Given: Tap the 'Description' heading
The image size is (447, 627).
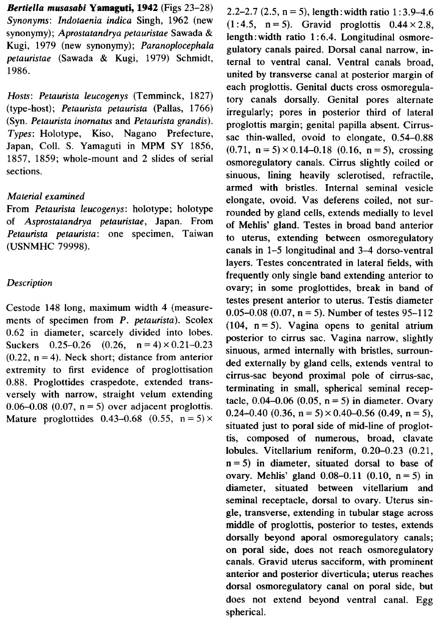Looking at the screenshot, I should click(x=30, y=283).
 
